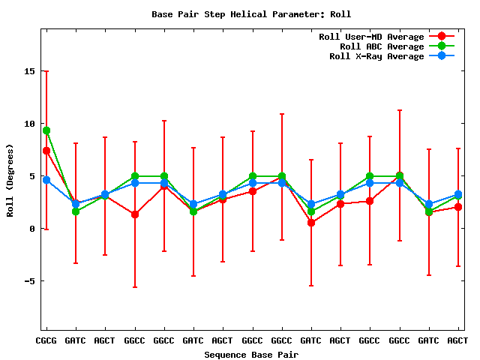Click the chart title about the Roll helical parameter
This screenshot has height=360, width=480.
coord(251,14)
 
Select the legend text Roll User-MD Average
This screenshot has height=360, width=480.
coord(371,37)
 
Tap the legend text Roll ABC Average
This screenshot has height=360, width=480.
coord(382,46)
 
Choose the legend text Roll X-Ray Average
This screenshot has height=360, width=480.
coord(376,56)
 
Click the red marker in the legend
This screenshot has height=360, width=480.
coord(442,37)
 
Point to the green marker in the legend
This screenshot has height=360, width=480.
coord(442,46)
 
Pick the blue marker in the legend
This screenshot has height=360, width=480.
coord(442,56)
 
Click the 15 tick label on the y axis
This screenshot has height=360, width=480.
coord(30,71)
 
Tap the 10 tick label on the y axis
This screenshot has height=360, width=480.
coord(30,124)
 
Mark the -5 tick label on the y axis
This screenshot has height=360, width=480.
coord(30,281)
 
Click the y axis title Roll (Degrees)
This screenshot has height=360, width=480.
coord(10,180)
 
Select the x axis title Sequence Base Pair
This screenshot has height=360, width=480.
coord(251,354)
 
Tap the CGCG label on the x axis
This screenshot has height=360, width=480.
coord(46,340)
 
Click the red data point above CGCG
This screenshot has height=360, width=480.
coord(46,151)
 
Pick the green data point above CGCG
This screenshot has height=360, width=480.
coord(46,130)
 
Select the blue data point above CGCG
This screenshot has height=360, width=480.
coord(46,180)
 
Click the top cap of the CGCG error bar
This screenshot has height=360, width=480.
coord(46,71)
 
